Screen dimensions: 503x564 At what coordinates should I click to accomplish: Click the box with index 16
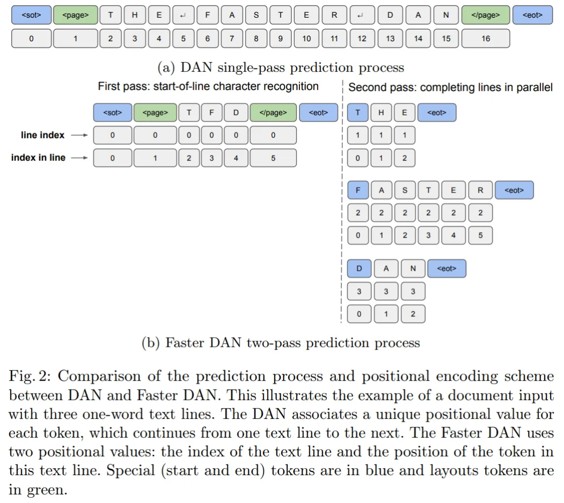[x=485, y=39]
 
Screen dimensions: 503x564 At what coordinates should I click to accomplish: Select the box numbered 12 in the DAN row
[x=362, y=39]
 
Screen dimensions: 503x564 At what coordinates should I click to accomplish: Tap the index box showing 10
[x=306, y=39]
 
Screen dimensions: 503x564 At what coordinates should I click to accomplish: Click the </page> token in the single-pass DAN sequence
[x=485, y=15]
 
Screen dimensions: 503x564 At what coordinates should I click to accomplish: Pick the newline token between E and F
[x=183, y=15]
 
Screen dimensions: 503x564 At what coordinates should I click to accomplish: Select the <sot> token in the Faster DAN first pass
[x=112, y=113]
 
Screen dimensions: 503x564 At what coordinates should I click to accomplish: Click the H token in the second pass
[x=381, y=113]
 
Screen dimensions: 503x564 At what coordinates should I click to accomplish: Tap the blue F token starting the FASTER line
[x=358, y=190]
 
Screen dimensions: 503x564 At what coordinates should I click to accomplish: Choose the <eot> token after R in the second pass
[x=514, y=190]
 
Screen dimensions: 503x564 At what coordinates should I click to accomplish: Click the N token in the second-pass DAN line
[x=413, y=269]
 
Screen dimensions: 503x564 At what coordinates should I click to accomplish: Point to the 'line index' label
[x=42, y=136]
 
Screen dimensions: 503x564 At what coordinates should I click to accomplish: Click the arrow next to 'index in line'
[x=79, y=158]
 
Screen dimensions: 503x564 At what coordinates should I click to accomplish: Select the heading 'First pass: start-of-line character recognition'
[x=208, y=86]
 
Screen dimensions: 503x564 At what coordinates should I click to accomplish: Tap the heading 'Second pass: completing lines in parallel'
[x=450, y=87]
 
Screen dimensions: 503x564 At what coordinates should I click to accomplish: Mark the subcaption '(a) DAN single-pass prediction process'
[x=281, y=68]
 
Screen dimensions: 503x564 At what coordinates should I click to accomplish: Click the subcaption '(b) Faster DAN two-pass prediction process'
[x=281, y=343]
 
